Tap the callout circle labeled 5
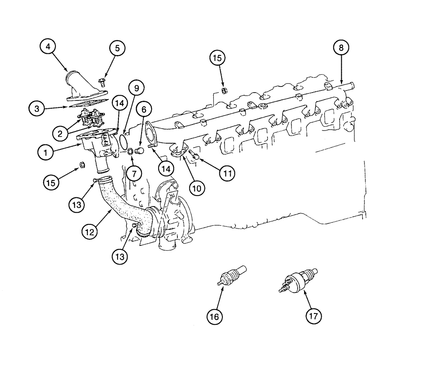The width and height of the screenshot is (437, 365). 117,48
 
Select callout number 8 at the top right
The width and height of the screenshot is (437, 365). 341,48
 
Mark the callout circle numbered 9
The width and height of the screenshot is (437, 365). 136,89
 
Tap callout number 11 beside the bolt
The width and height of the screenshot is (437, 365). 227,173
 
